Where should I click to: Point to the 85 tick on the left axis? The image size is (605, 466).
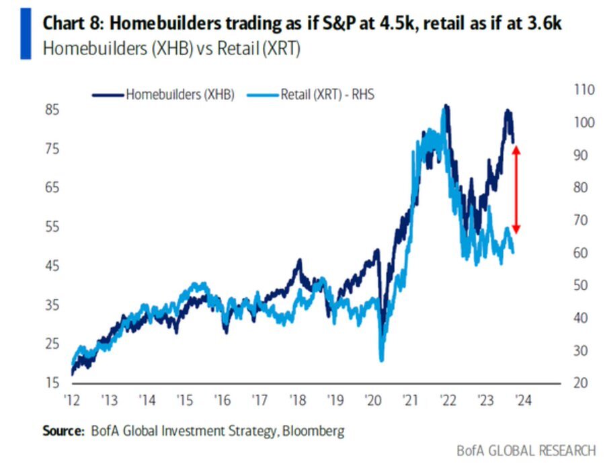tap(51, 110)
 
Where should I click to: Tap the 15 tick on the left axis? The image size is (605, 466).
tap(51, 383)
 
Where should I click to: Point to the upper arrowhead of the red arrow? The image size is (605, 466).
tap(516, 149)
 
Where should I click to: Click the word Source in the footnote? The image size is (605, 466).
tap(63, 430)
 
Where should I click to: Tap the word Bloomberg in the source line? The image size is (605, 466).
tap(313, 430)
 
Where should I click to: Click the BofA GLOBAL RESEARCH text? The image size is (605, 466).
tap(526, 451)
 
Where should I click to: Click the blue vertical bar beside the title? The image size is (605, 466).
tap(26, 34)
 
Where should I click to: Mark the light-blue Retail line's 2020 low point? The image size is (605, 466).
tap(382, 360)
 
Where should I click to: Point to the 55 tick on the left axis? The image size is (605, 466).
tap(51, 227)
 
